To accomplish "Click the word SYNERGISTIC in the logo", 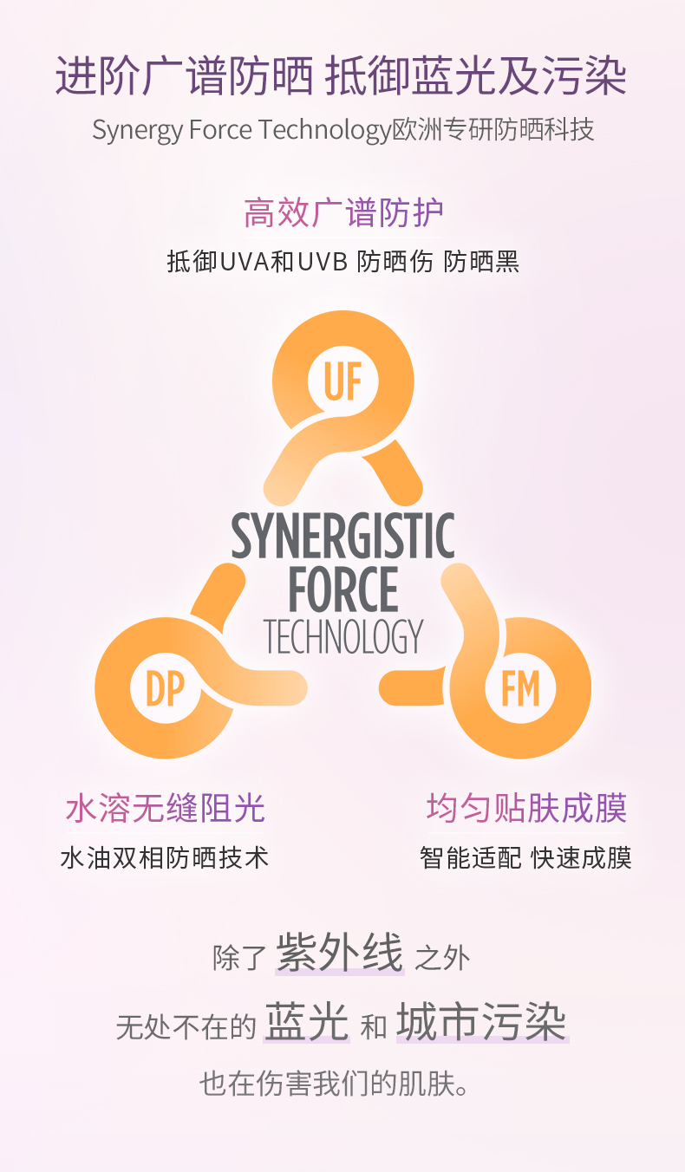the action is tap(342, 537).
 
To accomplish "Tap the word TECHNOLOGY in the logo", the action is tap(342, 637).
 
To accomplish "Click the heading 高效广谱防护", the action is tap(343, 212).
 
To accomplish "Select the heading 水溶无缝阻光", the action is tap(165, 808).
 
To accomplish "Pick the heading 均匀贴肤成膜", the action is tap(525, 808).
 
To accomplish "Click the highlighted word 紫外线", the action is tap(340, 954).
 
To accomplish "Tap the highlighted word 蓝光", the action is tap(307, 1023).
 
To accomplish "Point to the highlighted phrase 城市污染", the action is tap(482, 1023).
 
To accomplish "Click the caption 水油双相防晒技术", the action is tap(165, 858).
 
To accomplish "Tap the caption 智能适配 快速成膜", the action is tap(525, 858).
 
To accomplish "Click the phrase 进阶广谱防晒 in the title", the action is tap(184, 76).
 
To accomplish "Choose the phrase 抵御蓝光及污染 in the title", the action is tap(475, 76).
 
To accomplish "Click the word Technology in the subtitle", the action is tap(325, 130).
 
